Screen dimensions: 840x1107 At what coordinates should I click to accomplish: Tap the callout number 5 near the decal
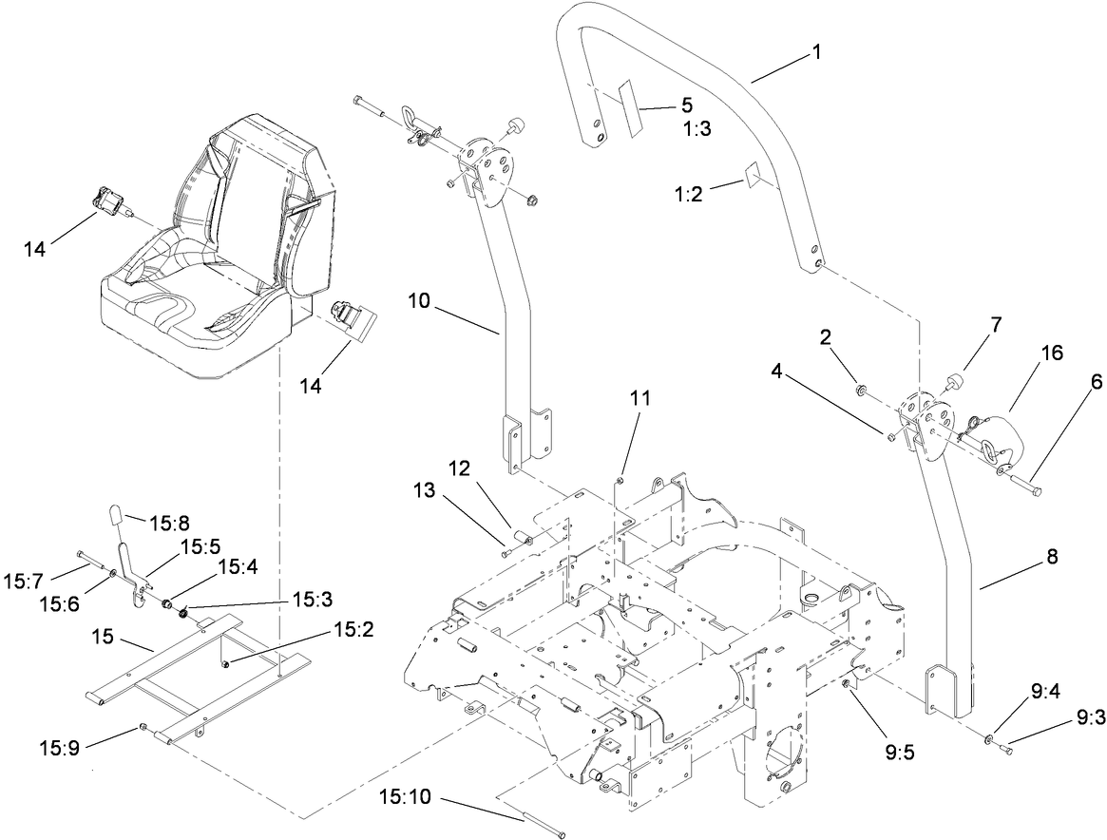click(686, 105)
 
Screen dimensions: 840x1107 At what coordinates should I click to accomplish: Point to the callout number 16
click(1051, 353)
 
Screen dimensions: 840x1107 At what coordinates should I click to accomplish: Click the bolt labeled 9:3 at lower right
click(1004, 750)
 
